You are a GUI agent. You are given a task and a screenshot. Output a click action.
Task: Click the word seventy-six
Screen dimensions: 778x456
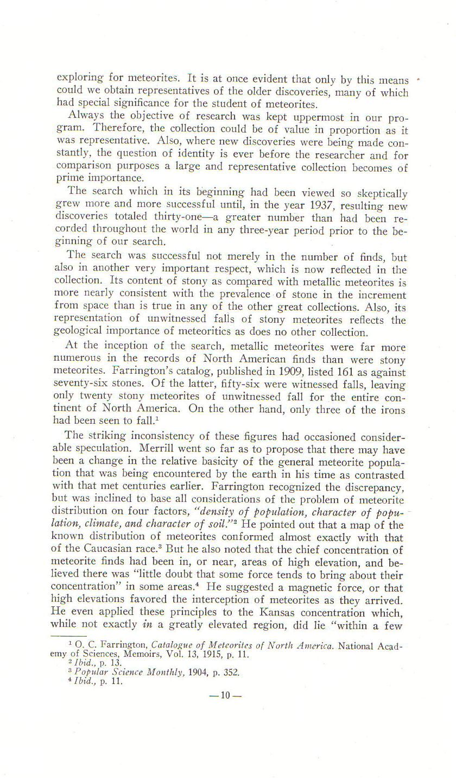point(81,385)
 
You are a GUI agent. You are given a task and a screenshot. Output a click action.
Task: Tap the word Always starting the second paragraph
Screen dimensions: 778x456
point(86,116)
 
